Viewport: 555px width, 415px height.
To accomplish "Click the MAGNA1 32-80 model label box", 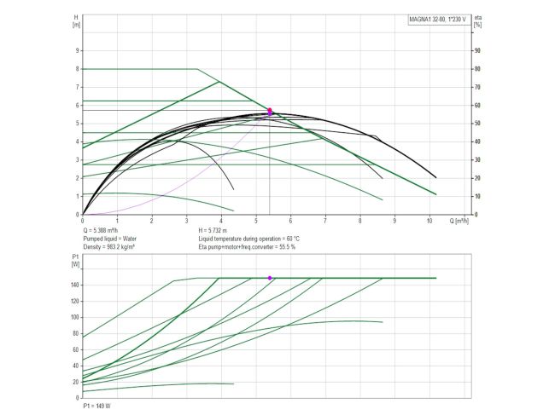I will click(x=439, y=19).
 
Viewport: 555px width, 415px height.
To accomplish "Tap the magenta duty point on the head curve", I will click(x=270, y=111).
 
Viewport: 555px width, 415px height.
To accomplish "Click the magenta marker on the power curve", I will click(x=270, y=278).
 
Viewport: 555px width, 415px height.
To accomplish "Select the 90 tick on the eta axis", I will click(x=477, y=50).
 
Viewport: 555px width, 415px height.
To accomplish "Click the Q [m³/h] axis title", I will click(x=462, y=221).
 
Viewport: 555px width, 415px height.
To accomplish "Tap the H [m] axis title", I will click(x=77, y=19).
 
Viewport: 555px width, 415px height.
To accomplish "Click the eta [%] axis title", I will click(x=478, y=19).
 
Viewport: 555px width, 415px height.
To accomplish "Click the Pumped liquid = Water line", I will click(x=118, y=239).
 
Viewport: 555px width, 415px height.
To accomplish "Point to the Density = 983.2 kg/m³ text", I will click(x=115, y=246).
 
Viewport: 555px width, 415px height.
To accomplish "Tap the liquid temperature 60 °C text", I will click(x=242, y=239).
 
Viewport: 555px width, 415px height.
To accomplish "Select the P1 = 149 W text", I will click(x=97, y=406).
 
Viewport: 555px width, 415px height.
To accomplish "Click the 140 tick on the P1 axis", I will click(x=74, y=285).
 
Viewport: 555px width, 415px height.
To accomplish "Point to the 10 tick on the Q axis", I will click(x=429, y=221).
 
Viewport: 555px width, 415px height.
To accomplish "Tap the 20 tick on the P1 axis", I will click(x=76, y=382).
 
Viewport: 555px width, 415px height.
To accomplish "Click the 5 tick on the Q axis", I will click(x=256, y=221).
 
